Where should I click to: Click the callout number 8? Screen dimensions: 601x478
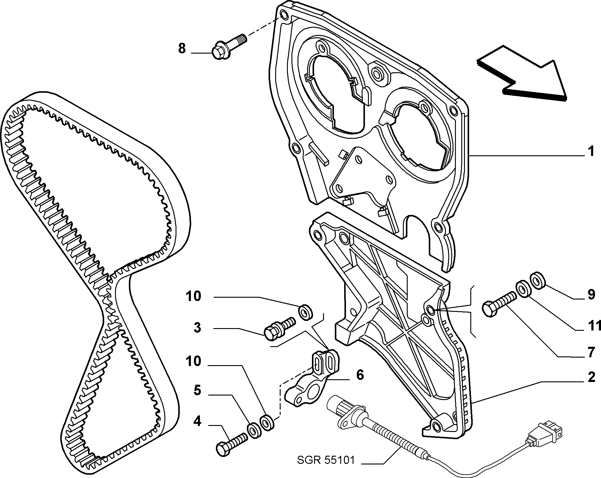pyautogui.click(x=182, y=48)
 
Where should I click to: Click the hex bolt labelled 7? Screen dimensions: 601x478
pyautogui.click(x=499, y=304)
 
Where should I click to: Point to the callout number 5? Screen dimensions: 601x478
pyautogui.click(x=197, y=391)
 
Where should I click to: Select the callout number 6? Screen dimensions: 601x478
pyautogui.click(x=360, y=375)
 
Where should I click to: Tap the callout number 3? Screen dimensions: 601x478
pyautogui.click(x=197, y=327)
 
